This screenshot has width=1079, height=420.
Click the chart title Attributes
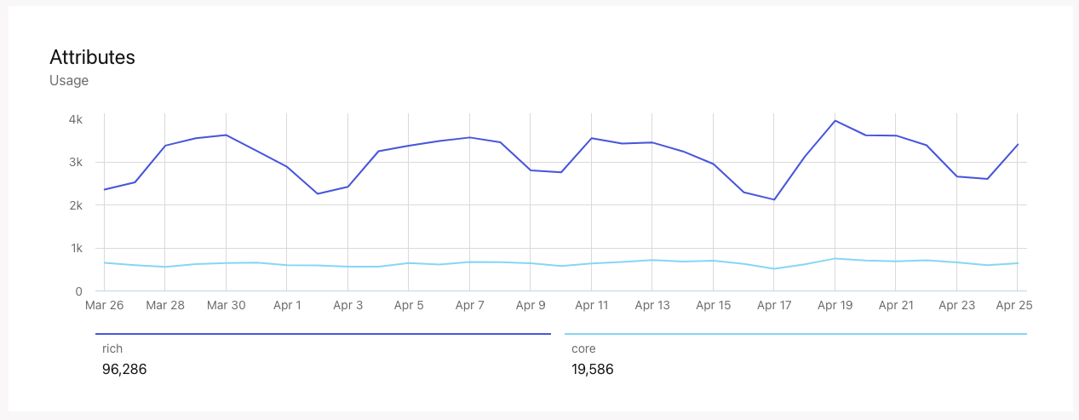(92, 57)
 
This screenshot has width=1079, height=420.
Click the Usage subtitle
(69, 81)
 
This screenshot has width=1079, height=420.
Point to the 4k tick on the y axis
(75, 119)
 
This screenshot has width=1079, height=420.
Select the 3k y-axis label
(75, 162)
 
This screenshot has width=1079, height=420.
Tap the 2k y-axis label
(75, 205)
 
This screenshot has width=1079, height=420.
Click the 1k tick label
(75, 248)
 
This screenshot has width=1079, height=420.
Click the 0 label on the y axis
(78, 291)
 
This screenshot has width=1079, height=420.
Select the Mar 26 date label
(104, 305)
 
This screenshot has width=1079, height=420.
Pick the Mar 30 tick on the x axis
(226, 305)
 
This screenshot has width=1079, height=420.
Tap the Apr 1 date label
(287, 305)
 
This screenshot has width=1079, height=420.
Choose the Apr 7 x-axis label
(469, 305)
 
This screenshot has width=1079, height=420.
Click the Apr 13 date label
(652, 305)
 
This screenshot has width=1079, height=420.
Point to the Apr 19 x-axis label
(835, 305)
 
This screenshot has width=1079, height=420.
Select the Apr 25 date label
(1013, 305)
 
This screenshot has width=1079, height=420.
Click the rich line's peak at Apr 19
(835, 120)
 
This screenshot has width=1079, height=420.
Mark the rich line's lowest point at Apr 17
(774, 199)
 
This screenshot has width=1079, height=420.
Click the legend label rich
(112, 348)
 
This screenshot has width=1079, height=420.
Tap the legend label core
(583, 348)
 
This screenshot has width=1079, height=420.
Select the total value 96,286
(124, 369)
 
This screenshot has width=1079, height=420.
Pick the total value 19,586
(593, 369)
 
